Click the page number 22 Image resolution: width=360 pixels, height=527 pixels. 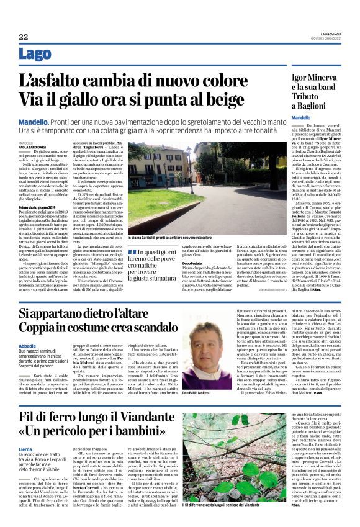point(24,37)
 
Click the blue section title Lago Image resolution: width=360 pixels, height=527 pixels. point(35,55)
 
